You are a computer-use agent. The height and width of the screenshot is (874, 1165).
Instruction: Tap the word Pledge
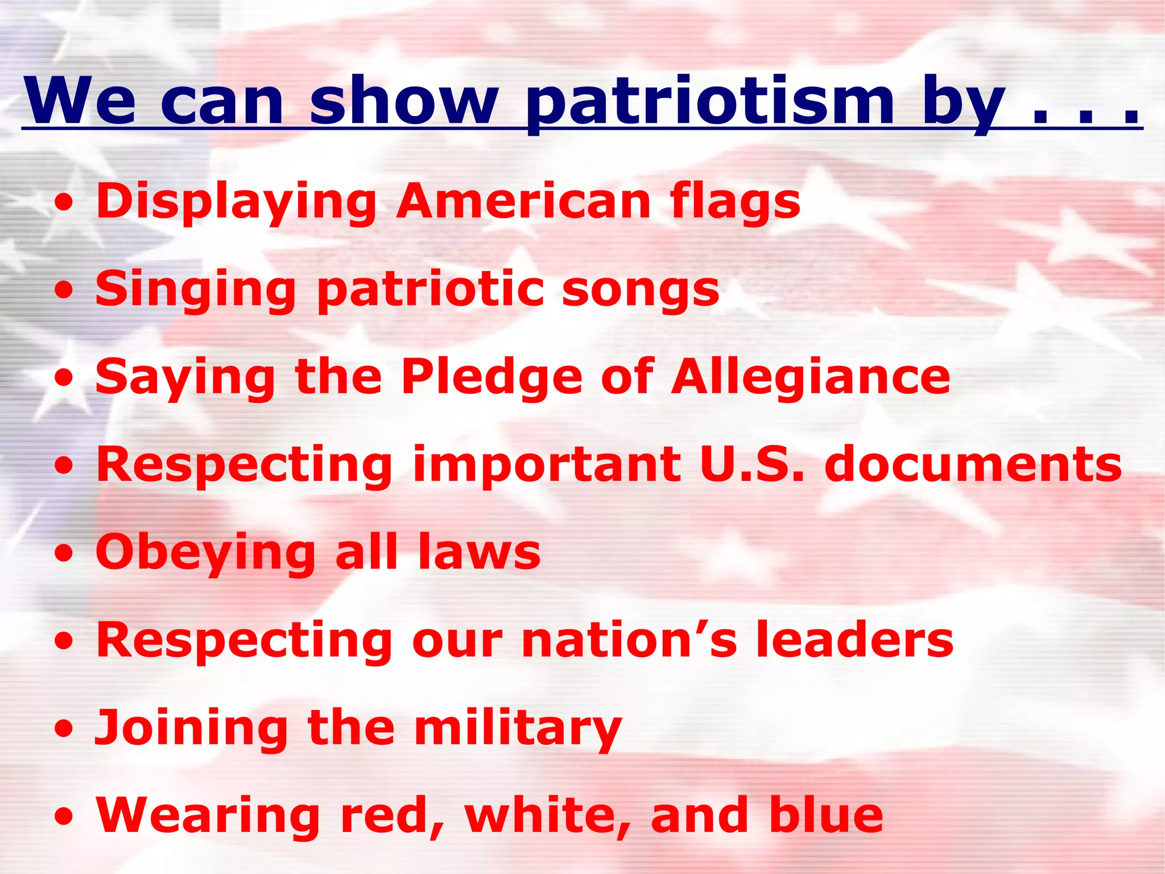pyautogui.click(x=491, y=377)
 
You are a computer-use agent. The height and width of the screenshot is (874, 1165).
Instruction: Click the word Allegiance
pyautogui.click(x=811, y=377)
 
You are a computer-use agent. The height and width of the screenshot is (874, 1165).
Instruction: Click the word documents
pyautogui.click(x=973, y=464)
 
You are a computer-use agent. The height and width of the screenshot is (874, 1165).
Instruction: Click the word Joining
pyautogui.click(x=192, y=728)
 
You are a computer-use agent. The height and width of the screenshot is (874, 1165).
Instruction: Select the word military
pyautogui.click(x=518, y=728)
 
